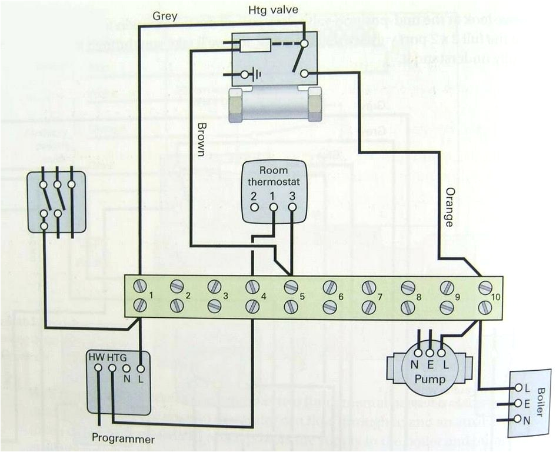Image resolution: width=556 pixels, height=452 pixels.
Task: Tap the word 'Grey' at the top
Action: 165,16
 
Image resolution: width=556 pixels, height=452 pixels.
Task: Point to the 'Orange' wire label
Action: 449,207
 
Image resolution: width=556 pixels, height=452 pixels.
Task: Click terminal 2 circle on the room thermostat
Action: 254,207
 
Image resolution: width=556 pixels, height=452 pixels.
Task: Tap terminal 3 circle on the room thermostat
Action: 292,207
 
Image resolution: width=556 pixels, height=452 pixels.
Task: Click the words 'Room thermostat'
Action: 274,177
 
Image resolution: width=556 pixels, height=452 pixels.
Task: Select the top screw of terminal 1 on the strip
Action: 140,286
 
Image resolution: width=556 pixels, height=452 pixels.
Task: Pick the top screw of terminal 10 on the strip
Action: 485,287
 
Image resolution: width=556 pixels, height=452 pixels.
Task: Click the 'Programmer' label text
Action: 124,439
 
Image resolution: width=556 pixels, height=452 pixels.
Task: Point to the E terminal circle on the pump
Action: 430,353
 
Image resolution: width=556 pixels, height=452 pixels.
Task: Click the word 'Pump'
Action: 430,378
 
